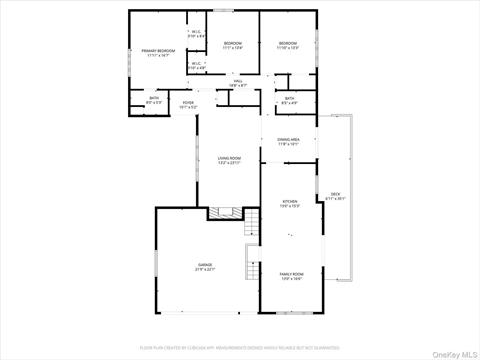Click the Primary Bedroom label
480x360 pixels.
coord(158,50)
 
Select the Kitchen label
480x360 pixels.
coord(290,203)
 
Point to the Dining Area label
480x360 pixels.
coord(289,140)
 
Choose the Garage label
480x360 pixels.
coord(204,264)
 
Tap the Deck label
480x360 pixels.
coord(335,194)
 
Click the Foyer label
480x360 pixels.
coord(188,102)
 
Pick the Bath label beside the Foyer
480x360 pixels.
coord(153,99)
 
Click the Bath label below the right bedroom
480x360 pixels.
coord(289,98)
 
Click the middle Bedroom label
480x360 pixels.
coord(232,43)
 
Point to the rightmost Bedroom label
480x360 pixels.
coord(288,43)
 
